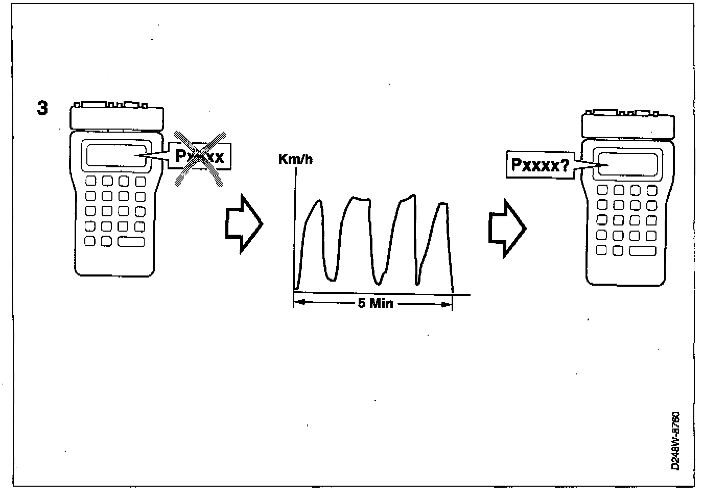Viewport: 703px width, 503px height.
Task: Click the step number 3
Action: (43, 108)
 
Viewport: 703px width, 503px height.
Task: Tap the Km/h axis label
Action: (295, 160)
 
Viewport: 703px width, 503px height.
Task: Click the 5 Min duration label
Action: (376, 304)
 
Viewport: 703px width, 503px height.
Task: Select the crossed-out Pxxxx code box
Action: (200, 156)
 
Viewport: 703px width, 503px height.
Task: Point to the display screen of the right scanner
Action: (627, 165)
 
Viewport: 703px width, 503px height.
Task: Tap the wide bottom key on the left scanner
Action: (131, 241)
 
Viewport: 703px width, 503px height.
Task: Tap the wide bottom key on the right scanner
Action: (642, 250)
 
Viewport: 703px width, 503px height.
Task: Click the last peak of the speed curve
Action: (443, 204)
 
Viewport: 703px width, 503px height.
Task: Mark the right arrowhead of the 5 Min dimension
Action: (447, 305)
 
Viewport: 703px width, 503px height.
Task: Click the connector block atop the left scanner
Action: (116, 117)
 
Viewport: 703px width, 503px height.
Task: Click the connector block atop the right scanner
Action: (627, 124)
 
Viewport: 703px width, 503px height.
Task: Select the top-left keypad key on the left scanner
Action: (90, 181)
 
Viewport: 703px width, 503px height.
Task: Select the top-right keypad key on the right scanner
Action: (651, 190)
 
